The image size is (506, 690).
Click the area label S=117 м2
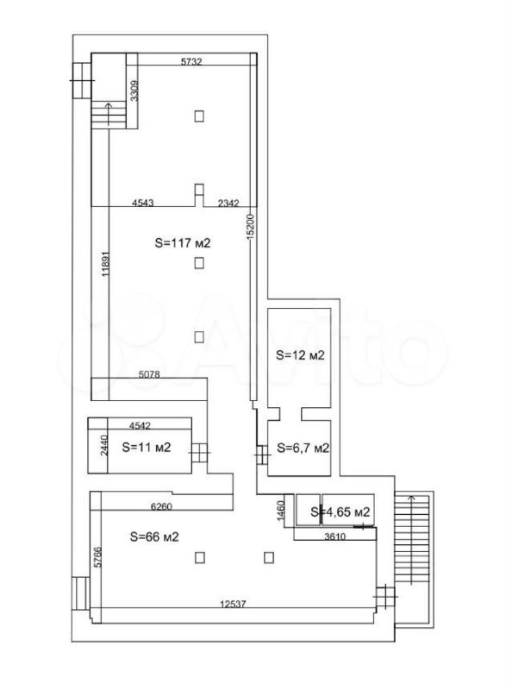(x=183, y=243)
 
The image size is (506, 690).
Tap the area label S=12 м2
(x=299, y=354)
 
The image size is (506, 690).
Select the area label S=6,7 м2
(x=303, y=448)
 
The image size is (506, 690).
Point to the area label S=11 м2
(x=145, y=448)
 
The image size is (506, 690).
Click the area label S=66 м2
(x=154, y=536)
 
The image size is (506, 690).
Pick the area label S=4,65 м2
(x=340, y=512)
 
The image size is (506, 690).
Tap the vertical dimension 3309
(x=135, y=91)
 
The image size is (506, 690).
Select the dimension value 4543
(x=143, y=204)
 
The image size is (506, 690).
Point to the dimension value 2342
(x=227, y=204)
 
